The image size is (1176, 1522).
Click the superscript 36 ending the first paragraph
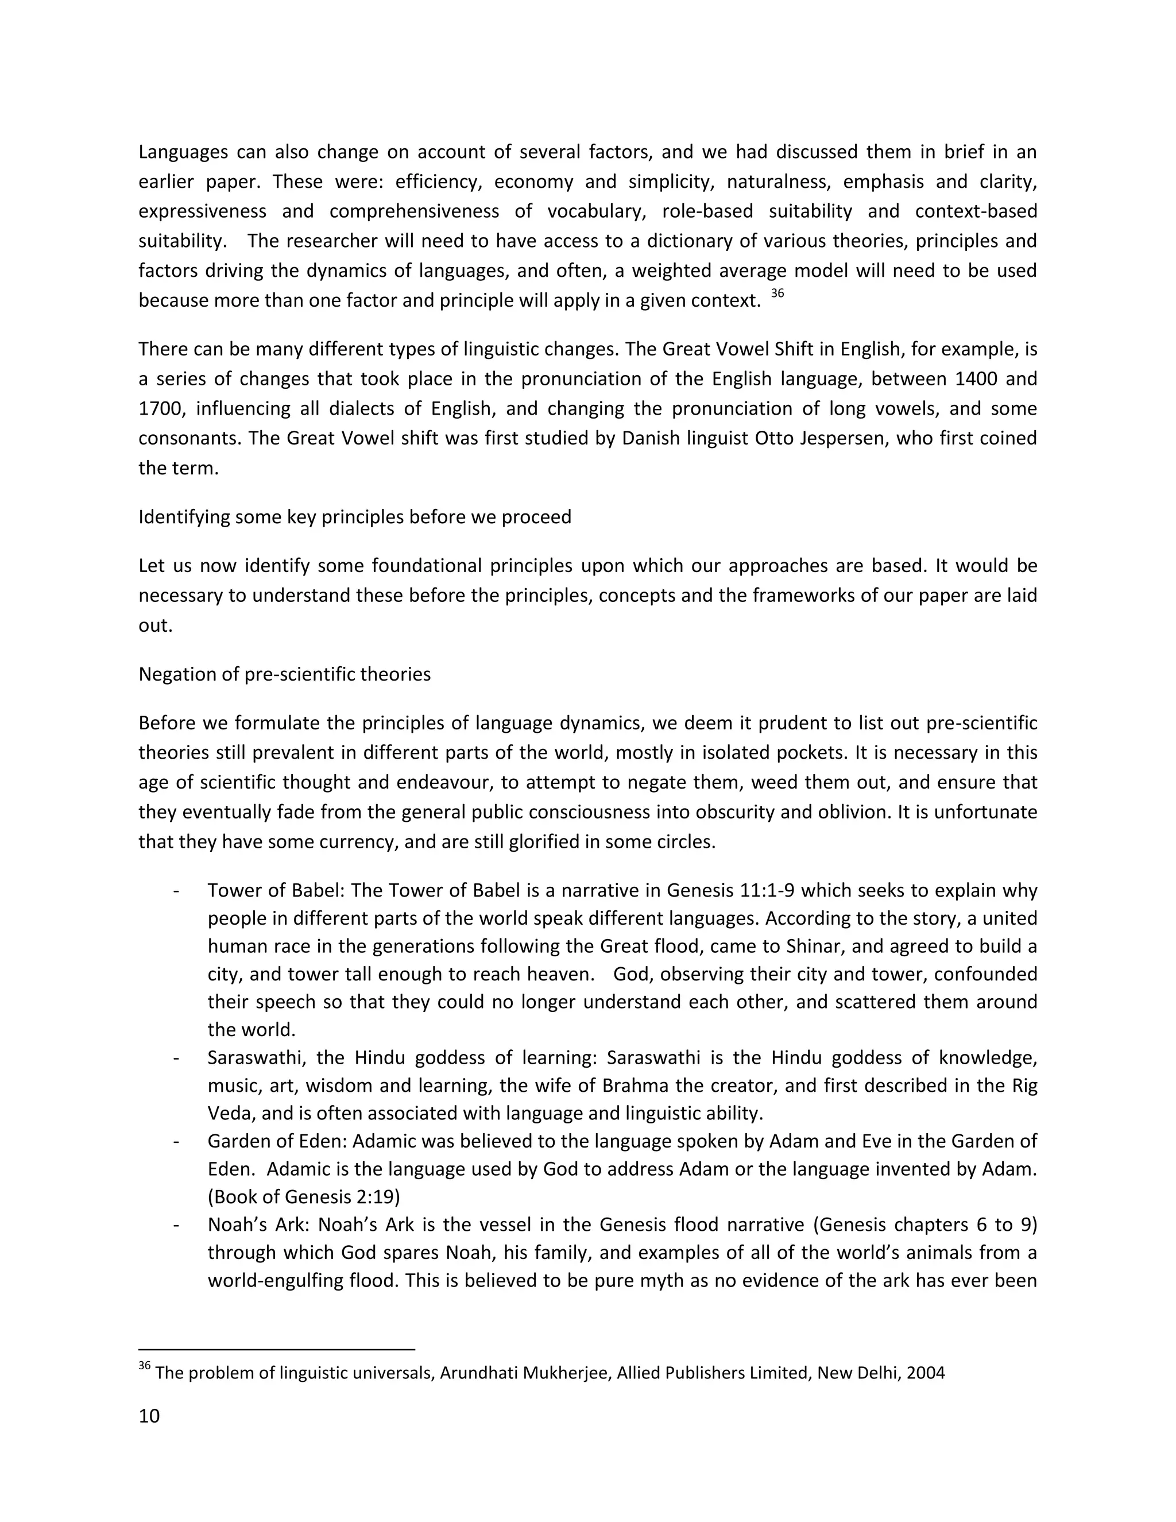[x=777, y=293]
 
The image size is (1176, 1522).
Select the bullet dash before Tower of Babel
[x=176, y=891]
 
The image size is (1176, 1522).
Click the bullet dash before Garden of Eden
[x=176, y=1142]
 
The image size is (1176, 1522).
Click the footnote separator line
[x=277, y=1350]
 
